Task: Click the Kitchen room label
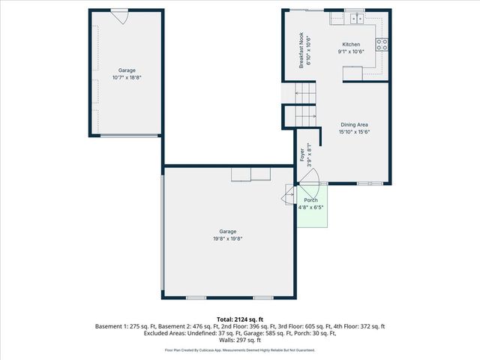point(351,45)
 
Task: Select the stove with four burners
point(382,43)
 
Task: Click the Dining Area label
point(354,124)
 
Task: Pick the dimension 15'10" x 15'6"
point(354,132)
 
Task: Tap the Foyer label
point(302,155)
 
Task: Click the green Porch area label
point(310,200)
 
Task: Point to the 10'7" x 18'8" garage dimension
point(126,77)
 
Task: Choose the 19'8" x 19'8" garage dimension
point(227,239)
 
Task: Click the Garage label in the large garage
point(227,232)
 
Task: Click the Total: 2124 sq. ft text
point(239,319)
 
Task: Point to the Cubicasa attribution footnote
point(239,349)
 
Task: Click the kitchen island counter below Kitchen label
point(352,73)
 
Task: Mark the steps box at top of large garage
point(250,175)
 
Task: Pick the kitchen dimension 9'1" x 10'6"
point(351,52)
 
